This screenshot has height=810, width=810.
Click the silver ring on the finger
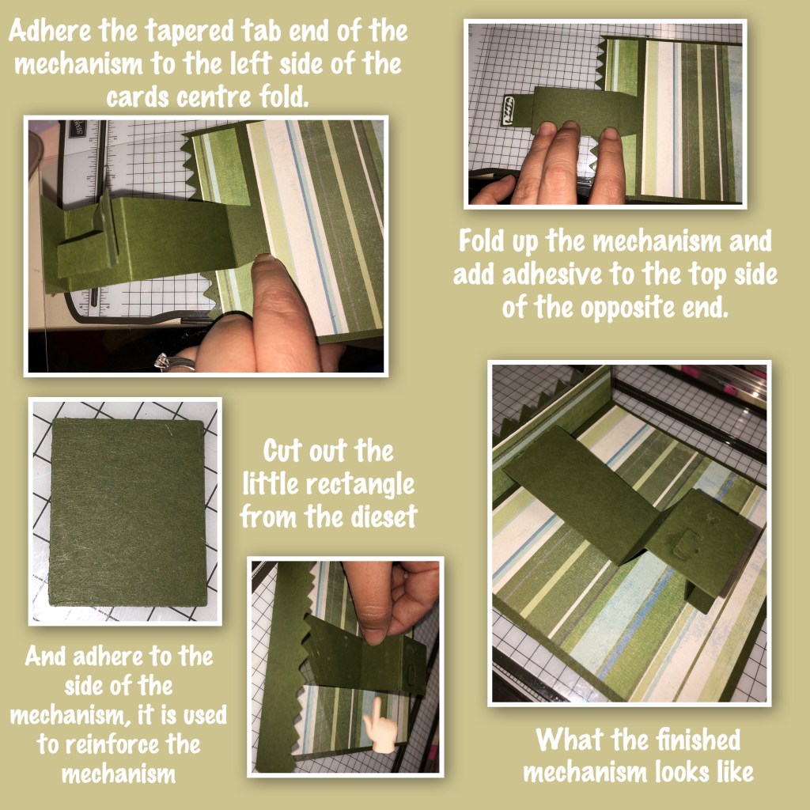[175, 362]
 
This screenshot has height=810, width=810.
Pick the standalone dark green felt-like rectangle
[127, 512]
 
